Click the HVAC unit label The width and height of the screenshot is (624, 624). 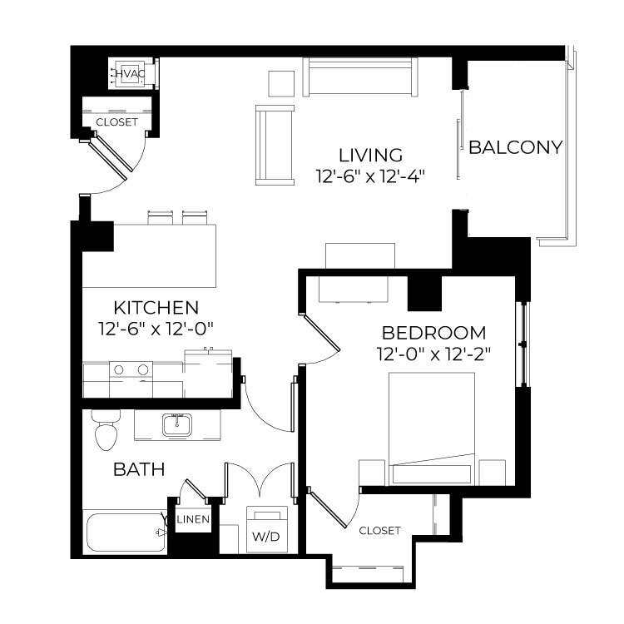coord(130,73)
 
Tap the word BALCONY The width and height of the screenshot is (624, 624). coord(515,147)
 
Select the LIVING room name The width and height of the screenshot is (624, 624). coord(370,155)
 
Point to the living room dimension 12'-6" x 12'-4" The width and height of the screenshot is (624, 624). coord(370,176)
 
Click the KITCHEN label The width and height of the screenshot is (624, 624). coord(156,308)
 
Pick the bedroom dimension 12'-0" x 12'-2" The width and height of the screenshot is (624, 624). coord(433,354)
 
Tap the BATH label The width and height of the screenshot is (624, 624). coord(139,469)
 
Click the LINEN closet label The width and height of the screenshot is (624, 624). coord(193,519)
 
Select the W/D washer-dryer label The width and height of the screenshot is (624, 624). coord(266,537)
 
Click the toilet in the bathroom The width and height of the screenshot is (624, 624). coord(106,430)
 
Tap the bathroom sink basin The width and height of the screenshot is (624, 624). coord(177,425)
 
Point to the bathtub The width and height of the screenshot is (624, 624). coord(125,532)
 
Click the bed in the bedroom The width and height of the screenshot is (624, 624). coord(432,428)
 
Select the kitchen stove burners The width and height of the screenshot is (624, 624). coord(131,369)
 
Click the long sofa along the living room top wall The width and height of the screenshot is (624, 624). coord(360,77)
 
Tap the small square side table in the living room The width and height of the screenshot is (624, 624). coord(281,83)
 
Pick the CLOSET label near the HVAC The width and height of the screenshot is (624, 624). coord(116,122)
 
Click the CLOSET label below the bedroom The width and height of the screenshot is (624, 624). coord(379,531)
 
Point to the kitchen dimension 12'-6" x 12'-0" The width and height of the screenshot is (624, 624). coord(156,329)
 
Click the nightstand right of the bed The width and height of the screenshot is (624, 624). coord(493,473)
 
